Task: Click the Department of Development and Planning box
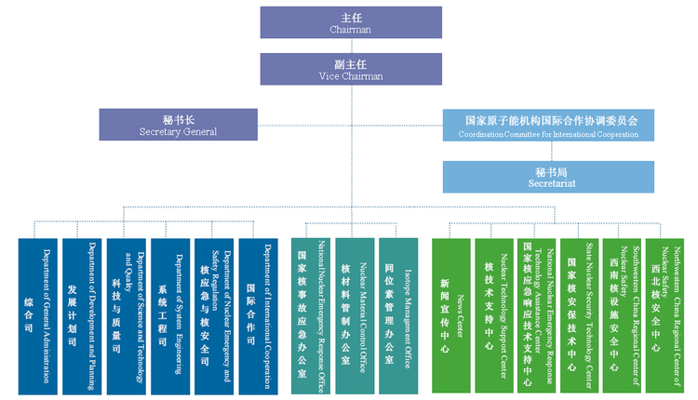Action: click(x=82, y=316)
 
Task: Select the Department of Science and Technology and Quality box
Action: click(x=127, y=316)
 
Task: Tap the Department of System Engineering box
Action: click(x=171, y=316)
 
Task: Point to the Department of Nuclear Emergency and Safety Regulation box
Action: click(x=215, y=316)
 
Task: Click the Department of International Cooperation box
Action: click(x=259, y=316)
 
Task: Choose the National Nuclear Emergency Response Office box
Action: click(x=312, y=316)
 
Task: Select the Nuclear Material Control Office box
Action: click(x=355, y=316)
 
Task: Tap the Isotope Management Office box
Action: click(x=399, y=316)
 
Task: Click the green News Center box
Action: click(x=451, y=316)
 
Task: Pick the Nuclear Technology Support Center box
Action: click(x=494, y=316)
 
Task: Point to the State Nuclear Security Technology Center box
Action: click(x=580, y=316)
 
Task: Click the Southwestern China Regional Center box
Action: click(x=623, y=316)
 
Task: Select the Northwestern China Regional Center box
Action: click(x=666, y=316)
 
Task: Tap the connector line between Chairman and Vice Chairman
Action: click(x=350, y=47)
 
